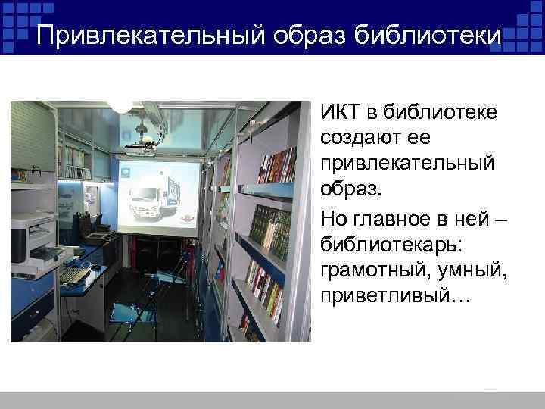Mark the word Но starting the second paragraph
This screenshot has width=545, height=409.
pos(334,218)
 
